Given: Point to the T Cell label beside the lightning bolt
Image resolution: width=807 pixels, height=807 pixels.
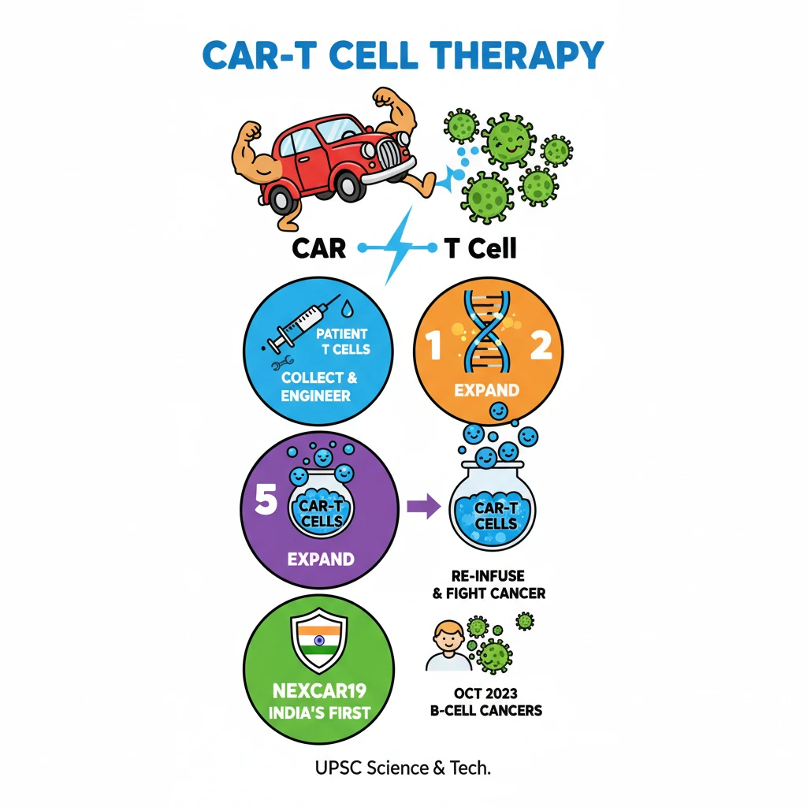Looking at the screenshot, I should [x=480, y=248].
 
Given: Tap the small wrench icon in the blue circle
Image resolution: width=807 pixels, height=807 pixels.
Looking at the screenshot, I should [x=280, y=364].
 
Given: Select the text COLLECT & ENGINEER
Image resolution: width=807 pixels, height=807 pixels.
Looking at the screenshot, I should [x=319, y=386].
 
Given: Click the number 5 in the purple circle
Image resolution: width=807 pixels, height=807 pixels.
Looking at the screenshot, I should [x=266, y=502].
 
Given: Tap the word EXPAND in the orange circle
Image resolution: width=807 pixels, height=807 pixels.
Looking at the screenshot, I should [x=486, y=390].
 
